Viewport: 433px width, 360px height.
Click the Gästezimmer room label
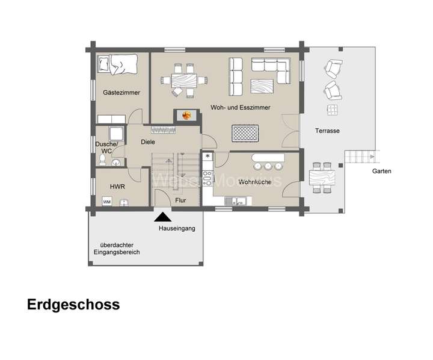click(121, 93)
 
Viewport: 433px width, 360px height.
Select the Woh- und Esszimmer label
click(240, 107)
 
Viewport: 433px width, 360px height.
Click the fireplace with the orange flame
click(185, 114)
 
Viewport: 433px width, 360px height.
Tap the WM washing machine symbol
click(107, 202)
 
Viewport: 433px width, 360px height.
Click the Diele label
click(147, 142)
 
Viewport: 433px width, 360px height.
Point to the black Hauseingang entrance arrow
click(162, 219)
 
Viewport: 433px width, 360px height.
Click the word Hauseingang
click(177, 229)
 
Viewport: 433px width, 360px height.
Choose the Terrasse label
click(328, 131)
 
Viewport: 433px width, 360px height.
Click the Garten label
click(381, 171)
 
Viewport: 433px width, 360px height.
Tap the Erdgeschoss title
click(73, 305)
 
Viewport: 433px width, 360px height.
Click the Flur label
click(180, 200)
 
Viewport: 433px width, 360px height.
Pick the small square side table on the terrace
click(331, 109)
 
